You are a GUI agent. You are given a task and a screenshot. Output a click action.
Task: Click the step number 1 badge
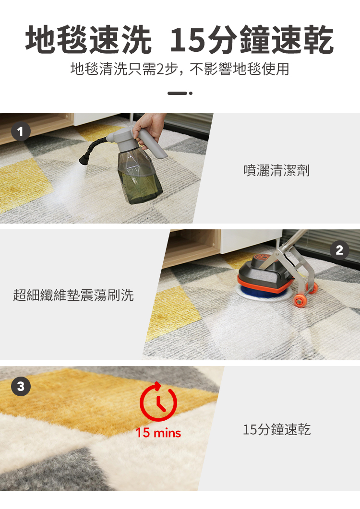[x=21, y=131]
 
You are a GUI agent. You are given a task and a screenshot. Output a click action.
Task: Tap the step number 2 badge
[x=339, y=250]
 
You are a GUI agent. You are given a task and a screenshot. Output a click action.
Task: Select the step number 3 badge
[x=21, y=386]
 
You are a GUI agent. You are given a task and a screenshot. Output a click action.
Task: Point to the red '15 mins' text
[x=158, y=433]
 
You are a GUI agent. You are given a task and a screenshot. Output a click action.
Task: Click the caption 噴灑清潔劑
[x=276, y=170]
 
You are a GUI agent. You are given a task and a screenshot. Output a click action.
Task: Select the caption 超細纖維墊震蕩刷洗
[x=73, y=295]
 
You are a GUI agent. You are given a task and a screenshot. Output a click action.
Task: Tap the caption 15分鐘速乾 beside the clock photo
[x=277, y=429]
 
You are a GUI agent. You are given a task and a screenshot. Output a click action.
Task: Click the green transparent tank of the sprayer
[x=140, y=177]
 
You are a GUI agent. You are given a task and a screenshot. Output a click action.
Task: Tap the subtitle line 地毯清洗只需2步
[x=124, y=69]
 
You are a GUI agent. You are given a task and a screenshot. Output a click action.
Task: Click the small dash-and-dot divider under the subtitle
[x=180, y=93]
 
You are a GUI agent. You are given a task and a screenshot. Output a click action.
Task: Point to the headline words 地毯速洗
[x=88, y=40]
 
